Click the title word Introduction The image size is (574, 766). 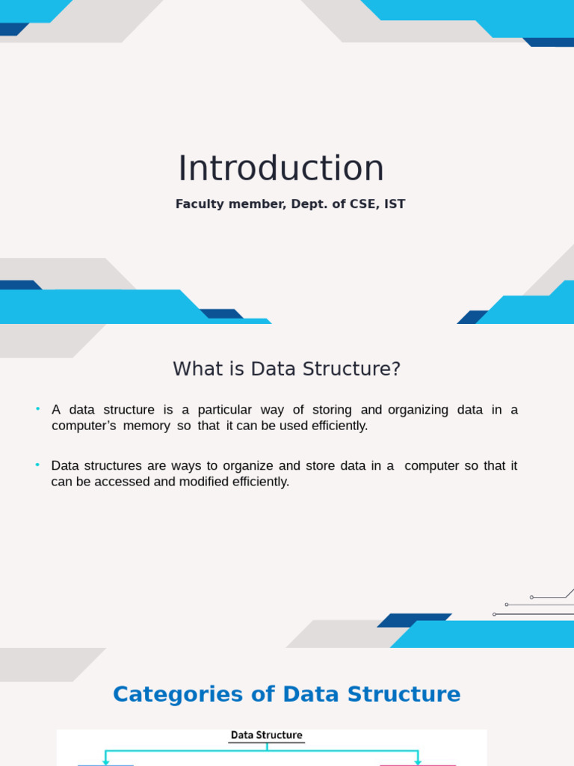281,168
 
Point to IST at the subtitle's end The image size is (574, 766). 395,203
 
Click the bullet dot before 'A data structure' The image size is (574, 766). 37,409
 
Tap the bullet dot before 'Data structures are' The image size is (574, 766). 37,465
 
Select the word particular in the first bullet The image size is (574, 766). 224,410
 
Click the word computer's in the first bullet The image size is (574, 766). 84,426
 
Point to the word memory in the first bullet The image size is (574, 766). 146,426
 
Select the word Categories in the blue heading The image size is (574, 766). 178,694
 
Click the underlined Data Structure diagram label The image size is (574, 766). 267,735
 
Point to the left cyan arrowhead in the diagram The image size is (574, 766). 105,762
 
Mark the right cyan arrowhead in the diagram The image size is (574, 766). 418,762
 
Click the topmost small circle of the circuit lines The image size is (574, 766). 531,598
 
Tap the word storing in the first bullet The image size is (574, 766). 332,410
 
